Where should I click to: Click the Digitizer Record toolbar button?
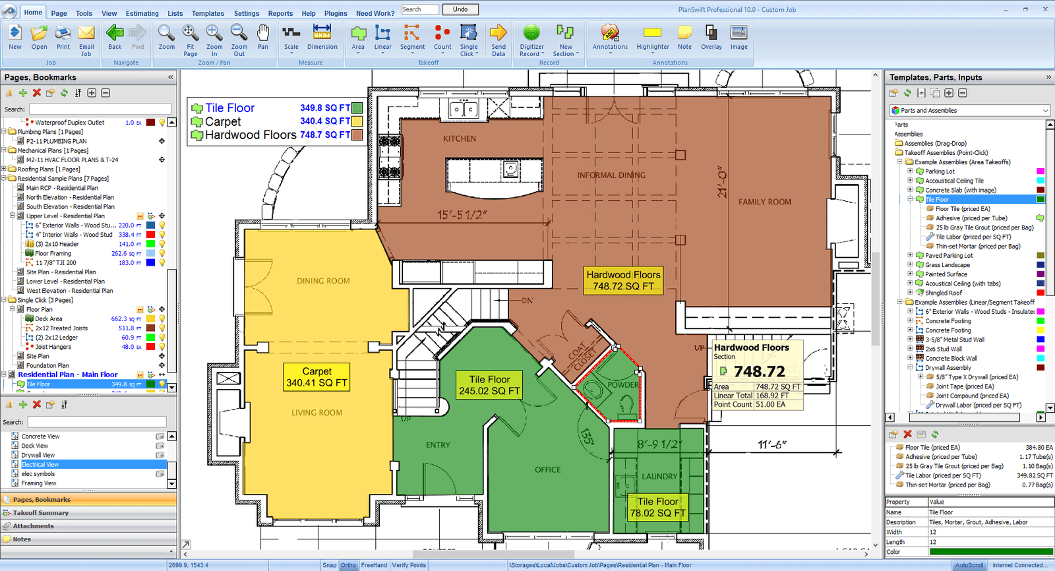coord(531,40)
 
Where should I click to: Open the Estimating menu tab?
coord(142,13)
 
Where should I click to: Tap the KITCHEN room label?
coord(460,138)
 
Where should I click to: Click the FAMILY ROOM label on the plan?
coord(764,202)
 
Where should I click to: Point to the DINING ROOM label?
coord(323,281)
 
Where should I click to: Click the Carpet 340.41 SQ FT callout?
coord(316,377)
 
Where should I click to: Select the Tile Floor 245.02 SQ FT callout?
coord(489,385)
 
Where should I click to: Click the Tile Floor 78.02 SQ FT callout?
coord(657,507)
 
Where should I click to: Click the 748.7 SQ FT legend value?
coord(324,135)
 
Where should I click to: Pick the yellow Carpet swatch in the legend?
coord(357,121)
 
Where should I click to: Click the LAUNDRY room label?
coord(659,476)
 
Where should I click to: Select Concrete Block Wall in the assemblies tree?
coord(951,358)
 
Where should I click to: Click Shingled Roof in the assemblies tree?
coord(943,293)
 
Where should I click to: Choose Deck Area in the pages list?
coord(49,318)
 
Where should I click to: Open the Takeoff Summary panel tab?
coord(41,513)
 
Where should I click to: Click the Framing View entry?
coord(39,483)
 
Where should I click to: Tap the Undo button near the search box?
coord(460,9)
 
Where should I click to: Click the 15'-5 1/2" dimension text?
coord(462,215)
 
